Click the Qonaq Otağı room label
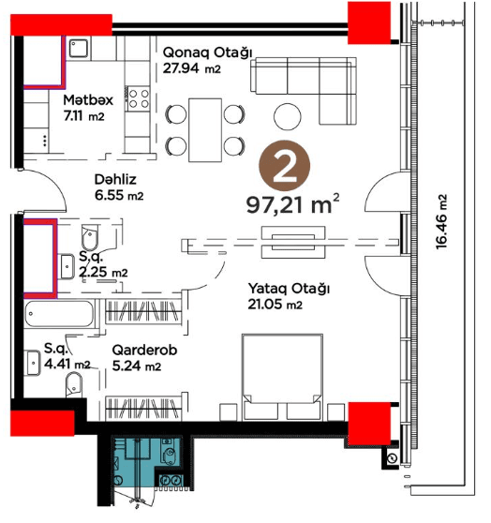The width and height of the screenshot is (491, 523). coord(207,53)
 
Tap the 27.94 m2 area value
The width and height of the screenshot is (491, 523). coord(192,68)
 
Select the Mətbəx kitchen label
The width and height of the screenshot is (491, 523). coord(88,100)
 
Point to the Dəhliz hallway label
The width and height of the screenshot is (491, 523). coord(115,179)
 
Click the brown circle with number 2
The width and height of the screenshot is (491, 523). coord(285,166)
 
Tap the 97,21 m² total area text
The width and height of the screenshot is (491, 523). coord(292,204)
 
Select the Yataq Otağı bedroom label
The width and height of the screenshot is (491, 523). coord(289,289)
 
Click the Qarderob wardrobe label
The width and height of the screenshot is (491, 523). coord(144,351)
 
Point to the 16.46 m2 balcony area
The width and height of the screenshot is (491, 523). coord(441,222)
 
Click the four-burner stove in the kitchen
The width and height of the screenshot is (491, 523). coord(138,98)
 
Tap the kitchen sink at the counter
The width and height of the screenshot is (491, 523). coord(79,49)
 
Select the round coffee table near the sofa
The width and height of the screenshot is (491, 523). coord(287,116)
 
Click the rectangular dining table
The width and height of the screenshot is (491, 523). coord(205,129)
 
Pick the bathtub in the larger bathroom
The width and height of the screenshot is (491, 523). coord(59,314)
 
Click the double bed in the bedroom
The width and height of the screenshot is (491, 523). coord(282,377)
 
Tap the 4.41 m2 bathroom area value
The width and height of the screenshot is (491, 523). coord(67,364)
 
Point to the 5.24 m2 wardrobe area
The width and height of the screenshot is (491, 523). coord(137,366)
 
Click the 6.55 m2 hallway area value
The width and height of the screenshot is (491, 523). coord(119,196)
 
